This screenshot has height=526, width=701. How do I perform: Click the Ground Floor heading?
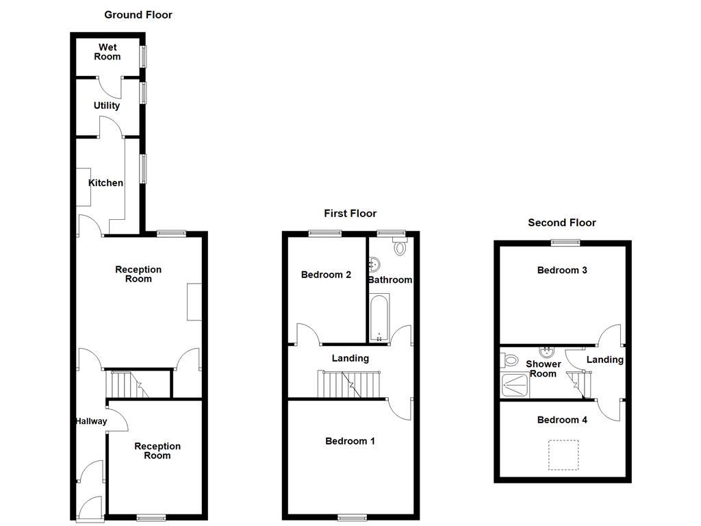(x=138, y=14)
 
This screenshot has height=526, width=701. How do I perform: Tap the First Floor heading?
(x=350, y=214)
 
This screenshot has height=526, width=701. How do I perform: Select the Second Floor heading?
(x=561, y=223)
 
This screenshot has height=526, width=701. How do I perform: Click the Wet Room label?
(x=107, y=52)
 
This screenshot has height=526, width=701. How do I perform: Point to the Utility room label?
(x=107, y=105)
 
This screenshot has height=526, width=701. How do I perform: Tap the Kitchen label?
(x=105, y=183)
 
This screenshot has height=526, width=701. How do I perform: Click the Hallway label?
(x=91, y=421)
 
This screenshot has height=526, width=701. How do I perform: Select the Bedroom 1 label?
(x=350, y=441)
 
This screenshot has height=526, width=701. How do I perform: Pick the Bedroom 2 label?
(x=326, y=275)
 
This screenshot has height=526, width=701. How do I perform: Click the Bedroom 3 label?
(x=562, y=270)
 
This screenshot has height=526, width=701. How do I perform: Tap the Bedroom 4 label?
(x=562, y=420)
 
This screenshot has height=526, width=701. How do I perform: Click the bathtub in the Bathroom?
(x=379, y=317)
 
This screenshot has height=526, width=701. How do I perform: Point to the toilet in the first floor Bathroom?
(x=400, y=246)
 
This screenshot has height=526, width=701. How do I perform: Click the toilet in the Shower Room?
(x=509, y=359)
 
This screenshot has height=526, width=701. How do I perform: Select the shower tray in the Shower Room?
(x=515, y=386)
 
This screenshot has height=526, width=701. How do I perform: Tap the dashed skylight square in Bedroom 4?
(x=563, y=455)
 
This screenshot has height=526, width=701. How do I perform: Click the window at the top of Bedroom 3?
(x=566, y=241)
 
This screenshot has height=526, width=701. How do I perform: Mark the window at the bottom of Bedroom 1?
(x=351, y=516)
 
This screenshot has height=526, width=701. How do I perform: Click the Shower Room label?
(x=543, y=368)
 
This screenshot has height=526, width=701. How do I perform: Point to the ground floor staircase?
(x=133, y=384)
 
